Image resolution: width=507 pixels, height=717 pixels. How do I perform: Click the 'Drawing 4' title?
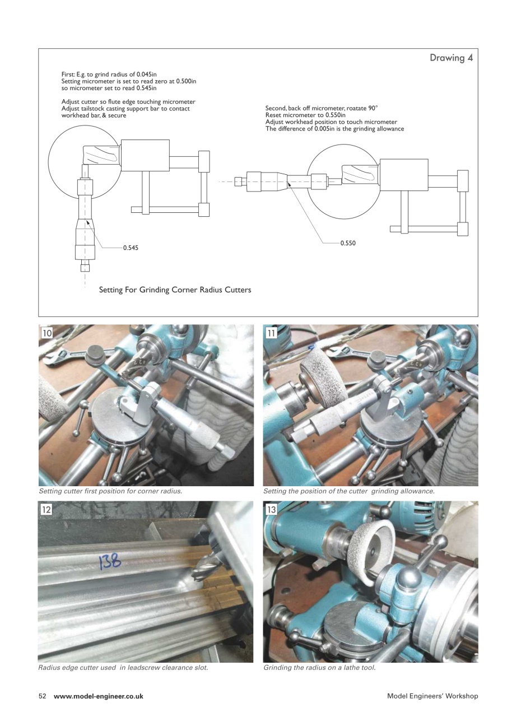tap(447, 58)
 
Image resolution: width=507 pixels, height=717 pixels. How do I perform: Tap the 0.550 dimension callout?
tap(348, 243)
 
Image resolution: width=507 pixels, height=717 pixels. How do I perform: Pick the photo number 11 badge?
tap(272, 333)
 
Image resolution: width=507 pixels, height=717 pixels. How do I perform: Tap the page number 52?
tap(42, 696)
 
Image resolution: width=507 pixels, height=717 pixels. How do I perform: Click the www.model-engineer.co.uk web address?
tap(99, 696)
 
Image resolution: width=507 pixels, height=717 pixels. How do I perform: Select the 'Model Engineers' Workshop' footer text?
tap(432, 696)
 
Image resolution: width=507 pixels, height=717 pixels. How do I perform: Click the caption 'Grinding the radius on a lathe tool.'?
tap(319, 668)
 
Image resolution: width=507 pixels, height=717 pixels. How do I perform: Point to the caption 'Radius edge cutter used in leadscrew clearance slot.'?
tap(123, 668)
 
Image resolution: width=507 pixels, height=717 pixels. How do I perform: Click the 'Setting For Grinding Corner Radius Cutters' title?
tap(175, 290)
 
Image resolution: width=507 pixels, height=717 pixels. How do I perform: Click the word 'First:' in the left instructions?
tap(68, 74)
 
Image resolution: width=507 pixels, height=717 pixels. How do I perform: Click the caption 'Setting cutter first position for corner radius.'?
tap(110, 491)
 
